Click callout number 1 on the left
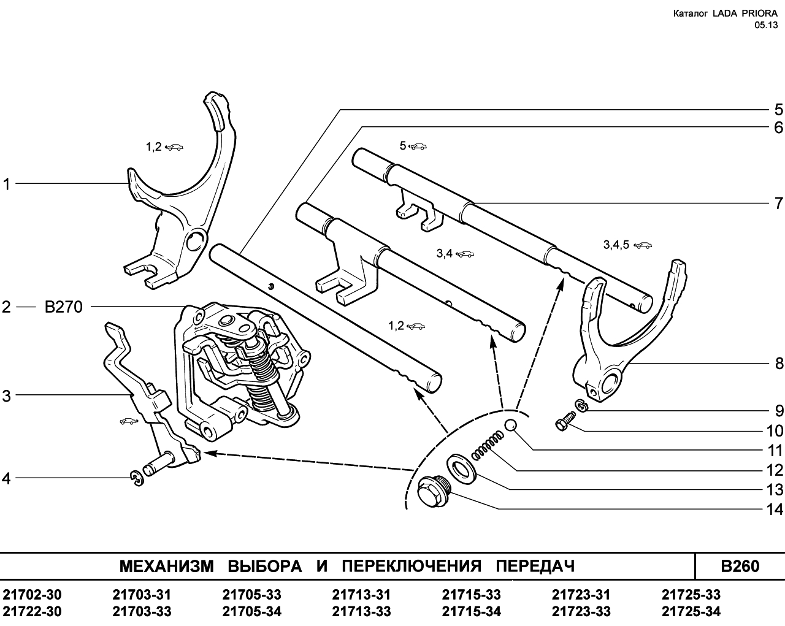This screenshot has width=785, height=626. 7,183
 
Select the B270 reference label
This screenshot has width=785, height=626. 63,307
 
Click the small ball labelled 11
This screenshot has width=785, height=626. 511,427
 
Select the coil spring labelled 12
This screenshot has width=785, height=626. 488,446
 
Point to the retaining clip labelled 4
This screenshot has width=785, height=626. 137,478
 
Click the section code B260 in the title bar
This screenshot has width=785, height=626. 740,567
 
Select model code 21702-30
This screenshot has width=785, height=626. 33,595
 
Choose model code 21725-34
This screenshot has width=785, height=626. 691,611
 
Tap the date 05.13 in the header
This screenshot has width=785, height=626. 767,25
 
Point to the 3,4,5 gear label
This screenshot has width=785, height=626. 616,245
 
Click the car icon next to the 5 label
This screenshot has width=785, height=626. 418,147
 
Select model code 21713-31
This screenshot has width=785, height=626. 361,595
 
